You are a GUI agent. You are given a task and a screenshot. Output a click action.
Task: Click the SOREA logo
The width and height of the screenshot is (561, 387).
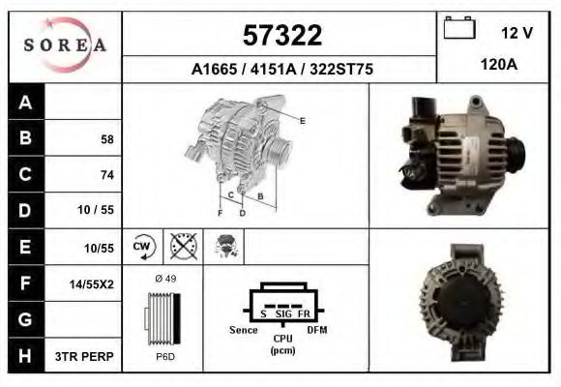(x=64, y=45)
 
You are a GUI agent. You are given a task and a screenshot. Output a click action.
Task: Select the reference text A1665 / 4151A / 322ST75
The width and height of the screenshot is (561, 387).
(x=280, y=70)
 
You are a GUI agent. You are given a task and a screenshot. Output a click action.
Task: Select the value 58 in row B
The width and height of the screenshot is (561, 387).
(x=106, y=139)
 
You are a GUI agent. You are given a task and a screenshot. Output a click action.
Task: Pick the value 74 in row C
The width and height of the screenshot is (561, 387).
(x=106, y=175)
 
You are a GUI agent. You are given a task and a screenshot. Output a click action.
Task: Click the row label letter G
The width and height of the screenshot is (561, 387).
(x=25, y=318)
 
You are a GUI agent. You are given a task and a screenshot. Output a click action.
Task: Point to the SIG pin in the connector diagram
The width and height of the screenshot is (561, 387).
(x=283, y=314)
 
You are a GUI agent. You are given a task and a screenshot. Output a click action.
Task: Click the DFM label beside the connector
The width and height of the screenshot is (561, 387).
(x=317, y=330)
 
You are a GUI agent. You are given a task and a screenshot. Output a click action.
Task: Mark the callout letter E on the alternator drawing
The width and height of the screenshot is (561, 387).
(x=303, y=120)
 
